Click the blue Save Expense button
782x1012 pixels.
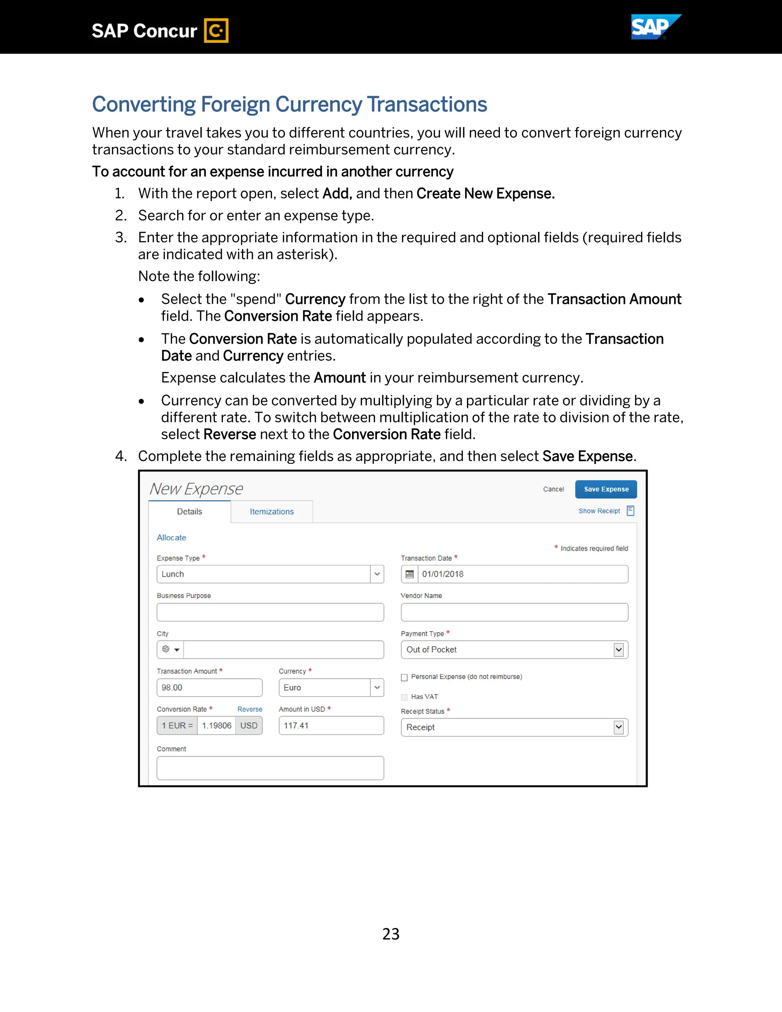pos(606,489)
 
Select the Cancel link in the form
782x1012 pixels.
pos(553,489)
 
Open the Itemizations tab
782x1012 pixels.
pos(271,512)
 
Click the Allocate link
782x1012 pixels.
pos(171,538)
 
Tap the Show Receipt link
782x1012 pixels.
pos(599,511)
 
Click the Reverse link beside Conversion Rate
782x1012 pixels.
pos(250,709)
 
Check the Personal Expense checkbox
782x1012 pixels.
pos(404,677)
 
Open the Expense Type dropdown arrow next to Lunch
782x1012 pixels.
pos(377,574)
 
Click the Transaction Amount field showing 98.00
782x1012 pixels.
pos(209,688)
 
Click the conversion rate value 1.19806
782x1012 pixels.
pos(217,726)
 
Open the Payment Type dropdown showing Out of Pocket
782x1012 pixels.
pos(618,650)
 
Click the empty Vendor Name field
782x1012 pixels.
pos(514,612)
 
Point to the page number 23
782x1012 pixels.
pos(391,934)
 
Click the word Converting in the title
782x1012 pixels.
pos(144,105)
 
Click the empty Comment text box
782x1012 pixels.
pos(270,768)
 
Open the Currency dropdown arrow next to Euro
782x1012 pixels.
pos(377,688)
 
